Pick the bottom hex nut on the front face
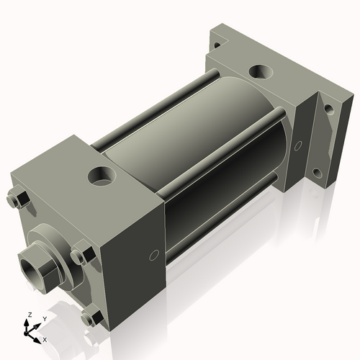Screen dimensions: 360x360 pyautogui.click(x=91, y=316)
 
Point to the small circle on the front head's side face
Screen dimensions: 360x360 pyautogui.click(x=153, y=256)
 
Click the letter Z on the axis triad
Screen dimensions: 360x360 pyautogui.click(x=28, y=315)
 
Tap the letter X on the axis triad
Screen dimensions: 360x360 pyautogui.click(x=45, y=338)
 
